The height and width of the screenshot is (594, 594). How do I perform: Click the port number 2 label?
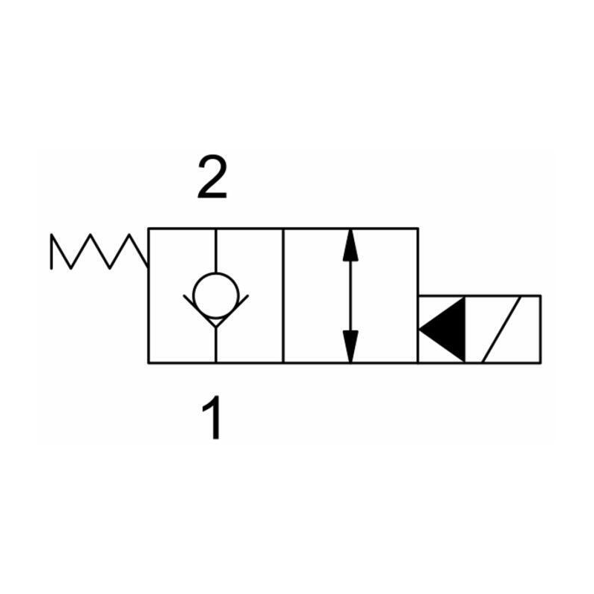pyautogui.click(x=212, y=177)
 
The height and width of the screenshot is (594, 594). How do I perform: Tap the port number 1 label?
pyautogui.click(x=213, y=417)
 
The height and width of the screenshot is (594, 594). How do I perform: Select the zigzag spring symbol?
pyautogui.click(x=99, y=252)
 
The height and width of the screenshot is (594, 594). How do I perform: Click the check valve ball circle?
pyautogui.click(x=215, y=295)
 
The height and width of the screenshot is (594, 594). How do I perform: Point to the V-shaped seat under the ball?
pyautogui.click(x=215, y=311)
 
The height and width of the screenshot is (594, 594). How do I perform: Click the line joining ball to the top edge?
pyautogui.click(x=215, y=250)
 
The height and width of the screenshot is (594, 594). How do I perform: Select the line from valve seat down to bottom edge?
pyautogui.click(x=215, y=345)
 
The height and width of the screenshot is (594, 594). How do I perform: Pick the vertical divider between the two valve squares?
pyautogui.click(x=283, y=296)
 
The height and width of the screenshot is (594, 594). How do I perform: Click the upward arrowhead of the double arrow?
pyautogui.click(x=350, y=245)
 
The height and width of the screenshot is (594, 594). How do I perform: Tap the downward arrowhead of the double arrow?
pyautogui.click(x=350, y=346)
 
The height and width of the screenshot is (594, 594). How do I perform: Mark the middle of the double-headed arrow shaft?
pyautogui.click(x=350, y=296)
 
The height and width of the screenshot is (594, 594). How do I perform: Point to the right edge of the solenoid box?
pyautogui.click(x=541, y=329)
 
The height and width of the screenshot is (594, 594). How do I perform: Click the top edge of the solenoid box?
pyautogui.click(x=480, y=296)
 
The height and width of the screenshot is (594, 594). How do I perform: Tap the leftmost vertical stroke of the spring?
pyautogui.click(x=51, y=252)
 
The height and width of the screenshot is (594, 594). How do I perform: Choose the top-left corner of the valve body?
pyautogui.click(x=148, y=229)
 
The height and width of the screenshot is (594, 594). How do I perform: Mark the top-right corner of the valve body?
pyautogui.click(x=418, y=229)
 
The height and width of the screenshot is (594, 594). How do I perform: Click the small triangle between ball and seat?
pyautogui.click(x=215, y=322)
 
